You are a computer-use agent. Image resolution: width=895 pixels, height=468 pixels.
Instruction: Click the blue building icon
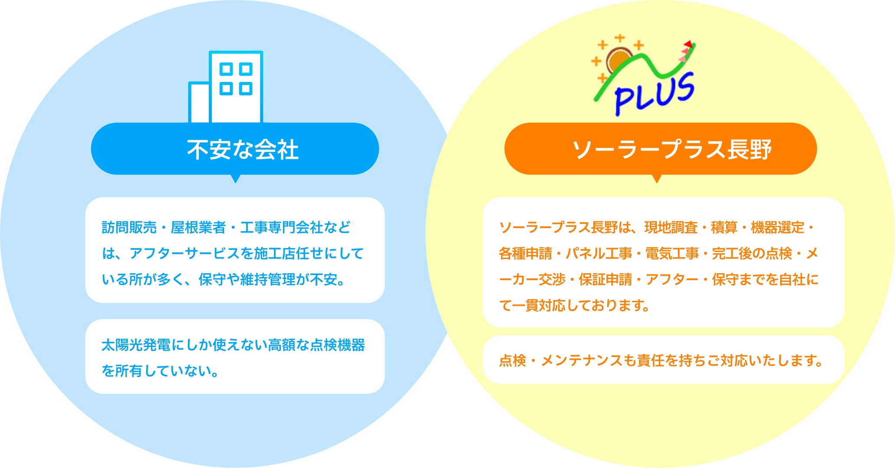(x=226, y=87)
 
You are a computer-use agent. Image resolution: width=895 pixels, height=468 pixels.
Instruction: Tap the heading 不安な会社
(x=243, y=149)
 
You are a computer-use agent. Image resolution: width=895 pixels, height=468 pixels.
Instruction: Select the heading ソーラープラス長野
(x=671, y=149)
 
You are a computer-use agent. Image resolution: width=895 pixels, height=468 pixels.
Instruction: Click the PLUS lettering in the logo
(x=655, y=94)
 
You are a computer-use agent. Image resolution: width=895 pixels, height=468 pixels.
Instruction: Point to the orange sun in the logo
(x=619, y=61)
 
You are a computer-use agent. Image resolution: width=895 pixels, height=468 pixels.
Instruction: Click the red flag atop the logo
(x=688, y=44)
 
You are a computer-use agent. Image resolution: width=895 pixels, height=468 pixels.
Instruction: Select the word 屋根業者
(x=198, y=227)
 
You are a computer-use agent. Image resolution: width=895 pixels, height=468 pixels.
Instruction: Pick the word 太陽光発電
(x=136, y=345)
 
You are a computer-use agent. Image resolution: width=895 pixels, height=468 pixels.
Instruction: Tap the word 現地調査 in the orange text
(x=671, y=227)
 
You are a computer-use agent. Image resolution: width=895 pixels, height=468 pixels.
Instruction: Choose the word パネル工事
(x=599, y=253)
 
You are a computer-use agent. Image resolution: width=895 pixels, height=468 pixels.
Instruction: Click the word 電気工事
(x=672, y=253)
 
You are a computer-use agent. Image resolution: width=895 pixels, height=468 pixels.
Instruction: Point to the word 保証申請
(x=605, y=279)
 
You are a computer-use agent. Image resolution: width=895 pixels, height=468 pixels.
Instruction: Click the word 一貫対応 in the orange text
(x=539, y=305)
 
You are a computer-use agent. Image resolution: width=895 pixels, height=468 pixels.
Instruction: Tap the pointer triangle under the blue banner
(x=235, y=178)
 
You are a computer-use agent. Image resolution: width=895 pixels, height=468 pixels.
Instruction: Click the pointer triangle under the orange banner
(x=657, y=178)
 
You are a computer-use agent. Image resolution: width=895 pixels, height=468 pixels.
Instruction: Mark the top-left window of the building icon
(x=226, y=69)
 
